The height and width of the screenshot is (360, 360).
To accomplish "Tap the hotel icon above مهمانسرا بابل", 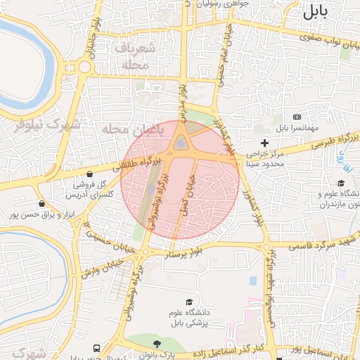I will click(x=296, y=117).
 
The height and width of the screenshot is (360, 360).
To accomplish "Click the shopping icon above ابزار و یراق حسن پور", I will click(x=41, y=203).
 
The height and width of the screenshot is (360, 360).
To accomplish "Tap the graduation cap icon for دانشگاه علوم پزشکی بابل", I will click(x=188, y=302).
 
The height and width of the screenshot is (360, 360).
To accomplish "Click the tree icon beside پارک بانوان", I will click(x=155, y=342).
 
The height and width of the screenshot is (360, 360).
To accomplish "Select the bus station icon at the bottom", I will click(x=96, y=348).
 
